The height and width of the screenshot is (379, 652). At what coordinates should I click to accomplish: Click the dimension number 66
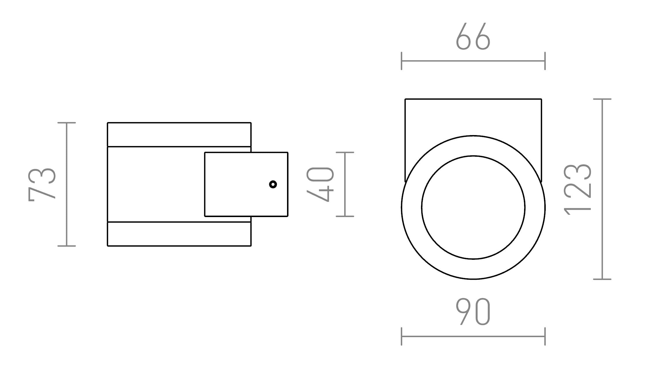pos(473,37)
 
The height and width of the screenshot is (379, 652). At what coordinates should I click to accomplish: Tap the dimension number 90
pos(473,312)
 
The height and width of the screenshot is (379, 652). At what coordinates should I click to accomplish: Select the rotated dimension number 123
pos(578,189)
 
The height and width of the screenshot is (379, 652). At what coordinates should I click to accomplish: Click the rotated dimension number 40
pos(320,184)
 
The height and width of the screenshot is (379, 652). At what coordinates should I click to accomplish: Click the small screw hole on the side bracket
pos(273,184)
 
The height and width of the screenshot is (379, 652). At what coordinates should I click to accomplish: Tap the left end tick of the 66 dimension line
pos(402,61)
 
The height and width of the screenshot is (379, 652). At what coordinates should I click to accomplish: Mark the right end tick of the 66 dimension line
pos(545,61)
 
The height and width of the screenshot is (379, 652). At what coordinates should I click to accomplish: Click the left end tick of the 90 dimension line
pos(402,336)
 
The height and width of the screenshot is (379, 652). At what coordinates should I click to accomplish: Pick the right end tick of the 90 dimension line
pos(545,336)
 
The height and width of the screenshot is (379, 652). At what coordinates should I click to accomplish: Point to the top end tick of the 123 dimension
pos(602,99)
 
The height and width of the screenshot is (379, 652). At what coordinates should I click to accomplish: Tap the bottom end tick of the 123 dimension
pos(602,279)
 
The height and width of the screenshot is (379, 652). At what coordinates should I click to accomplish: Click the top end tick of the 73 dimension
pos(67,123)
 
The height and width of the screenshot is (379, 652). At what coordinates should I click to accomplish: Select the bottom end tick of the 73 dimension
pos(67,246)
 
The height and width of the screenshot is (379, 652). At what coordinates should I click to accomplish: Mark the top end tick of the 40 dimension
pos(345,152)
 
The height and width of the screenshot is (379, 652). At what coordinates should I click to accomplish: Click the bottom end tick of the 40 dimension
pos(345,216)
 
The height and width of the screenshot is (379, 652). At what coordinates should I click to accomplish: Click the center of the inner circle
pos(473,207)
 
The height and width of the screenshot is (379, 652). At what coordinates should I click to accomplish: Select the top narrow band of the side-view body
pos(179,135)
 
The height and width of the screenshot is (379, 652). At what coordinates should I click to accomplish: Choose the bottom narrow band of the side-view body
pos(179,234)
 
